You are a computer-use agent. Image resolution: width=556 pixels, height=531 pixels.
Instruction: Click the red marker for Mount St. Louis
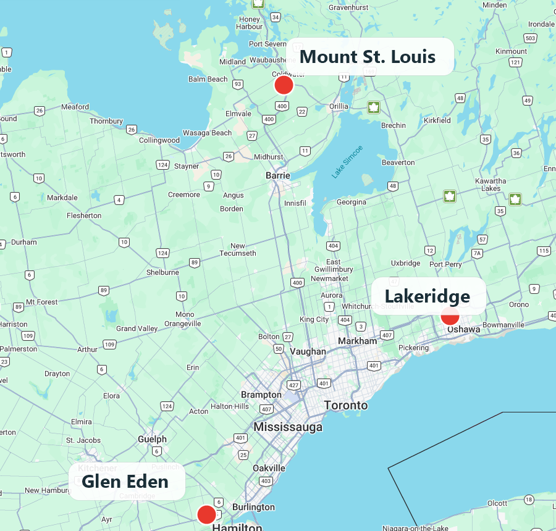284,85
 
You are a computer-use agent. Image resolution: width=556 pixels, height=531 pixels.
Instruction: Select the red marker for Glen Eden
206,514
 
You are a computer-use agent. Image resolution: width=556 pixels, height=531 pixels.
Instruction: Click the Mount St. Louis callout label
368,57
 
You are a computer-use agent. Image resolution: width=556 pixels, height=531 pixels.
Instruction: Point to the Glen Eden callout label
125,481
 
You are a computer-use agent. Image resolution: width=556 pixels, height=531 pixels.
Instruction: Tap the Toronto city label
346,406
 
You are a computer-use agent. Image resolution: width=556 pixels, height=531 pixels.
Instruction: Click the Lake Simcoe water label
347,162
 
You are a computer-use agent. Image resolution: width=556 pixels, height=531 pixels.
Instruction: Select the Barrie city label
277,176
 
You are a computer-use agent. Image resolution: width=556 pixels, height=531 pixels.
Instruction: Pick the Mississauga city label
288,427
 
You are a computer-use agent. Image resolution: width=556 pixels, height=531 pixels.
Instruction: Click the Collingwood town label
159,140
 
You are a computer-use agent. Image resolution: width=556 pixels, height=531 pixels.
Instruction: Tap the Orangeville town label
182,324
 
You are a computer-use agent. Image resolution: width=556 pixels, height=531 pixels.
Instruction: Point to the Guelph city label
152,439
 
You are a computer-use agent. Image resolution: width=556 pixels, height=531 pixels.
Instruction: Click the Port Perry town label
445,264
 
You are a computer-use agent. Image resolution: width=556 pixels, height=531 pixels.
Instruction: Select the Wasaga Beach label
207,133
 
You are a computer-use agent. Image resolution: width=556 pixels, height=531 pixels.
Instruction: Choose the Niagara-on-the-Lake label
415,528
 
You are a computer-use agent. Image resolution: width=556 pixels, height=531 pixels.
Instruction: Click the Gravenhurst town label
348,7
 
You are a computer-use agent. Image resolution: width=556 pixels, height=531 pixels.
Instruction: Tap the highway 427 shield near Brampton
293,385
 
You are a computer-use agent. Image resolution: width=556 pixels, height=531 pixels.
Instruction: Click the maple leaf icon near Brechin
373,107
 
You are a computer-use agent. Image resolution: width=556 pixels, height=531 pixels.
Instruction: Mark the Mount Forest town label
42,302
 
